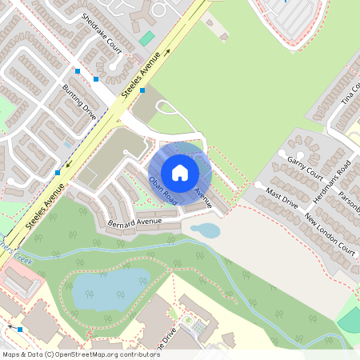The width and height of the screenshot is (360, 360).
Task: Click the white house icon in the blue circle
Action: (180, 173)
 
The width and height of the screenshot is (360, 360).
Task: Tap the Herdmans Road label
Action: (334, 181)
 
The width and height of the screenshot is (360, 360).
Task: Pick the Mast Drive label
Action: (282, 199)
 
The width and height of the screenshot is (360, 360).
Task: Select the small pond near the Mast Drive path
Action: (206, 231)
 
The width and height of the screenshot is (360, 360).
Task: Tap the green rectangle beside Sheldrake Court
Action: (146, 38)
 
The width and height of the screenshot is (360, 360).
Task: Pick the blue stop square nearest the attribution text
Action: (20, 329)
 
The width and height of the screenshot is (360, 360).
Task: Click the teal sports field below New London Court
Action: (350, 320)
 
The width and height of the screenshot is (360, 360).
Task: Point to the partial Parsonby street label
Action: (350, 204)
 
